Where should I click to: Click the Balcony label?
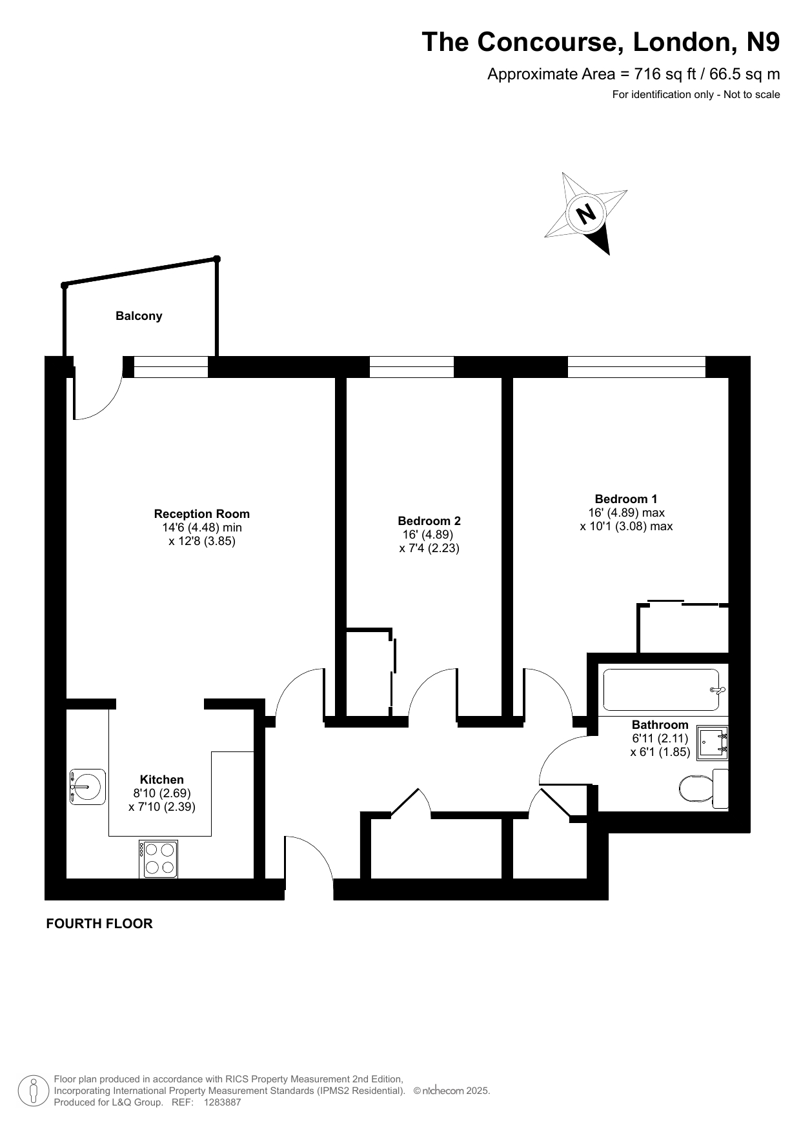tap(139, 316)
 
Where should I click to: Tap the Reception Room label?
tap(201, 514)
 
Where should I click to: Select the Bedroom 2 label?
tap(429, 521)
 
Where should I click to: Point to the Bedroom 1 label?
tap(626, 499)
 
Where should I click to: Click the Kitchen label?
tap(162, 780)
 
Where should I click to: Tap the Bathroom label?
tap(660, 725)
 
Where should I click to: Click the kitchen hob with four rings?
tap(158, 859)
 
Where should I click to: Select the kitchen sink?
tap(87, 787)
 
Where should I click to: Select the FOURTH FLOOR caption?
tap(99, 924)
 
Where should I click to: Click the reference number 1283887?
tap(222, 1102)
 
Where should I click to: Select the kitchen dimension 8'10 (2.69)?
tap(162, 793)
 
